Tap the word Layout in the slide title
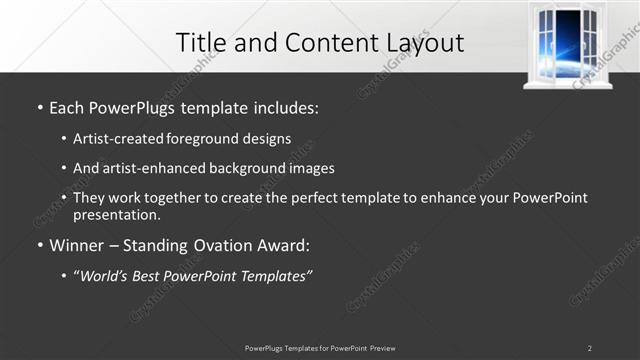click(x=422, y=43)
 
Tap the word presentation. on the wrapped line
click(x=116, y=214)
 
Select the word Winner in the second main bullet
click(x=78, y=244)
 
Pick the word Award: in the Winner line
click(x=285, y=244)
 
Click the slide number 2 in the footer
click(x=589, y=348)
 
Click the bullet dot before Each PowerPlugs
click(x=39, y=107)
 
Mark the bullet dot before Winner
click(x=39, y=245)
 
